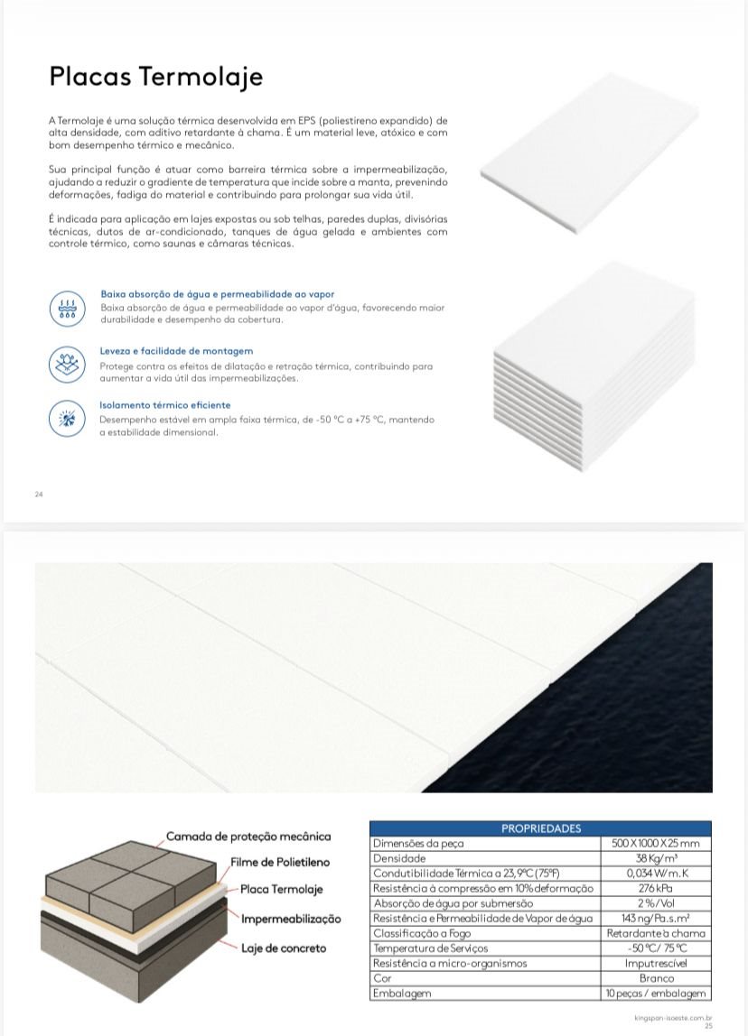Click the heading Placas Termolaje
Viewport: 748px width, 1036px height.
click(156, 77)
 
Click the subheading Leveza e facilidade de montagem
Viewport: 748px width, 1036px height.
click(176, 351)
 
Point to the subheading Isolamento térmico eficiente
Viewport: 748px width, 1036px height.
click(165, 405)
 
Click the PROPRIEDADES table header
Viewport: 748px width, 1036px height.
click(540, 828)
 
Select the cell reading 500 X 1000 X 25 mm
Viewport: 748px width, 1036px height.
click(656, 843)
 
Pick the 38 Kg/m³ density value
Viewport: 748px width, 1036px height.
click(656, 858)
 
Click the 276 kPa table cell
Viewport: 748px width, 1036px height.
click(656, 888)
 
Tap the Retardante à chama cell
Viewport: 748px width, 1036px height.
click(656, 933)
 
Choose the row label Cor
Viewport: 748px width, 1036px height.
click(381, 978)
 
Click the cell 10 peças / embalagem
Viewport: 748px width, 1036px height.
click(656, 994)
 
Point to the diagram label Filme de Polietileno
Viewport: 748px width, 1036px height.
click(280, 863)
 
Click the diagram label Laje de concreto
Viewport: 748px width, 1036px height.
click(283, 948)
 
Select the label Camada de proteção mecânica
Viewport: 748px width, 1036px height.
click(248, 837)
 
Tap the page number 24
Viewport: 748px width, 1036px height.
click(39, 495)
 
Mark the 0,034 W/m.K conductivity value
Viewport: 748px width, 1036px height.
click(656, 874)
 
